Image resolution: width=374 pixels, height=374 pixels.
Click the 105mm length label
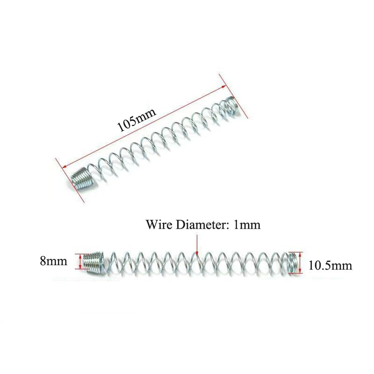(x=137, y=120)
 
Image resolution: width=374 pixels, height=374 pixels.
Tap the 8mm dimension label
(x=53, y=261)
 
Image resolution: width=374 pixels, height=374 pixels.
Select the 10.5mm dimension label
(x=331, y=265)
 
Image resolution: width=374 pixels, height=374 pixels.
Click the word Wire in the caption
(x=159, y=224)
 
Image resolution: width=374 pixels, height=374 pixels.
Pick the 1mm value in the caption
(x=247, y=224)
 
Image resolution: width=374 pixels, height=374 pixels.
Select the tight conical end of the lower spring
(x=95, y=262)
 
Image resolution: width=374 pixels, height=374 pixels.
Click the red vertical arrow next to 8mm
(x=80, y=261)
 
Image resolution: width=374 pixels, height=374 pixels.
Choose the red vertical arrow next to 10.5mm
(x=300, y=263)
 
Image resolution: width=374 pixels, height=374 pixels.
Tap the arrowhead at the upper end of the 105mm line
(x=224, y=87)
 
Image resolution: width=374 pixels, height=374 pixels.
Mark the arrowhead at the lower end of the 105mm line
(x=64, y=166)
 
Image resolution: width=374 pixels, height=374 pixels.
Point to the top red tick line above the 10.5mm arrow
(x=296, y=252)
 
